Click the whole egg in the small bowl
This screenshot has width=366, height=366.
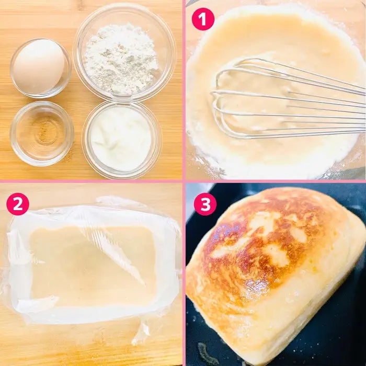(x=39, y=66)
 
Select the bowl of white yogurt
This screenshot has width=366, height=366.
(x=122, y=140)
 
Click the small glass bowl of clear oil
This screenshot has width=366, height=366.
(x=42, y=133)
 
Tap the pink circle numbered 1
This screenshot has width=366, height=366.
(x=203, y=19)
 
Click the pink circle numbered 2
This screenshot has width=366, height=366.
(x=18, y=204)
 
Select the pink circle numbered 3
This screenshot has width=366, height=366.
(x=205, y=204)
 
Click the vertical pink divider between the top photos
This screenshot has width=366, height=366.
(x=184, y=90)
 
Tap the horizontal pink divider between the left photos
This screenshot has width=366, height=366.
(x=91, y=181)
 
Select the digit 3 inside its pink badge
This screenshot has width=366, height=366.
(x=205, y=204)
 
